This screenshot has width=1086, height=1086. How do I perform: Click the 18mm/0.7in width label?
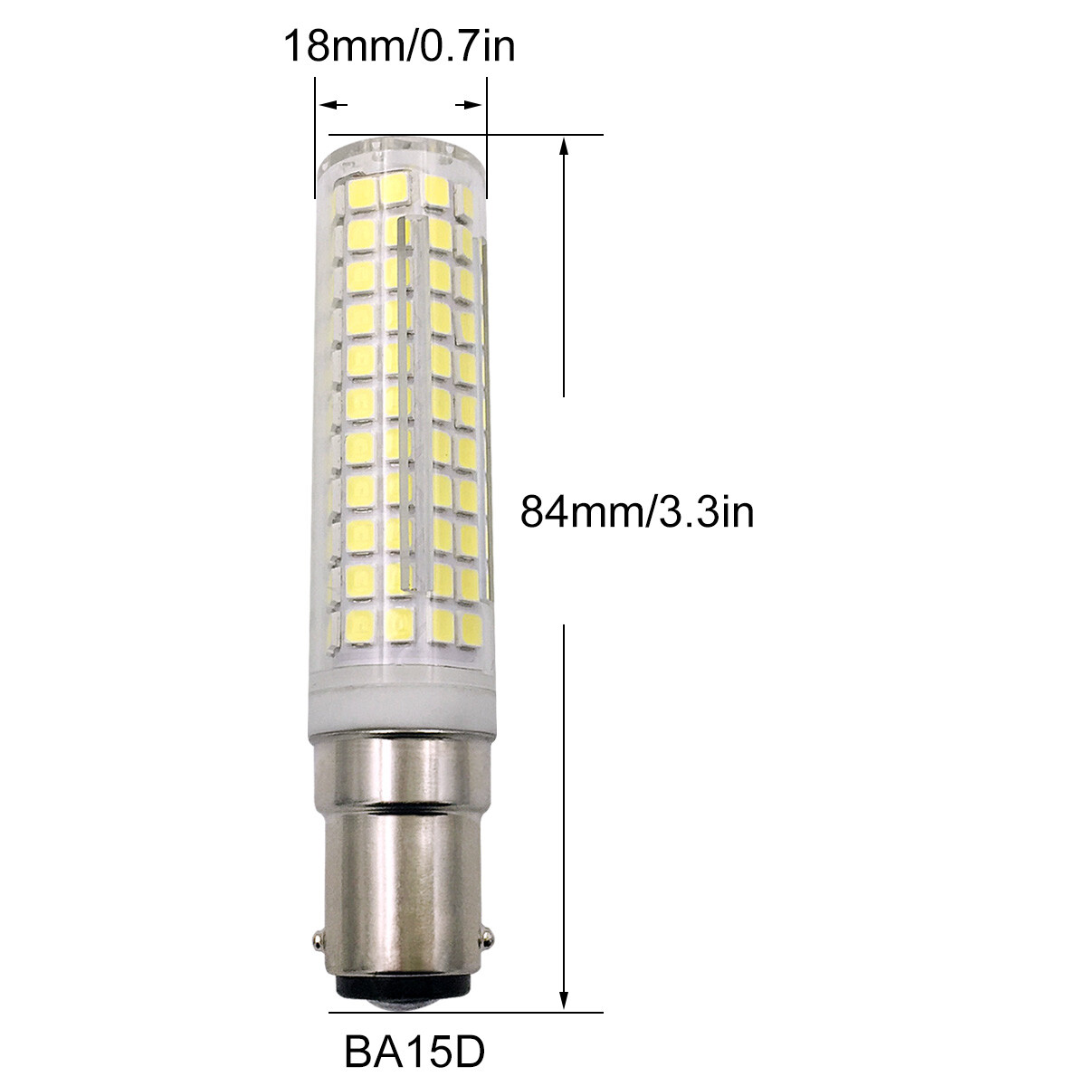tap(399, 46)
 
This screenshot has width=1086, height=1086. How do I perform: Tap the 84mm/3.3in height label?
tap(637, 512)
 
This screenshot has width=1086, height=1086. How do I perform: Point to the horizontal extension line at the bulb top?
tap(543, 136)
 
